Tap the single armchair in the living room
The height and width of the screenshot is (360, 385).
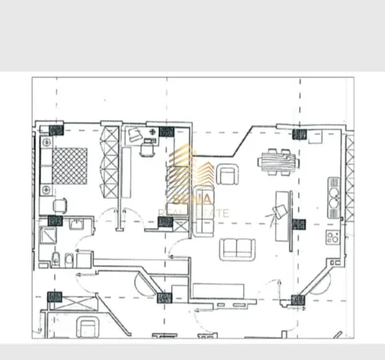(x=229, y=174)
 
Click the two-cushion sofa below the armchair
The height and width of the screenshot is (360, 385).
(x=237, y=248)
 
